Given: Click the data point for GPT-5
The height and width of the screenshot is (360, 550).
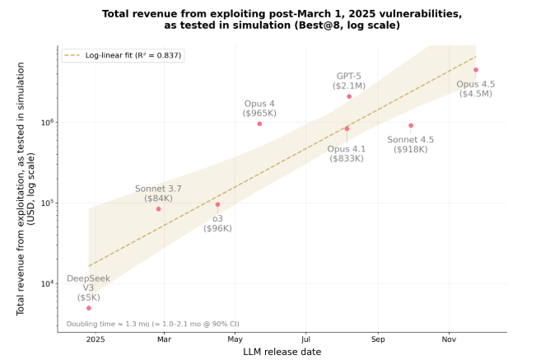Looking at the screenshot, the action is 349,96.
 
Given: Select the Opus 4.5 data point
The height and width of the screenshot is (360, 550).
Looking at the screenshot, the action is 476,70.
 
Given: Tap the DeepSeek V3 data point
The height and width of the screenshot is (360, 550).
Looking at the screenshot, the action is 89,308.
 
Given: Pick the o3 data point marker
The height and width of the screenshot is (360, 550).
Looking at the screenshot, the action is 217,204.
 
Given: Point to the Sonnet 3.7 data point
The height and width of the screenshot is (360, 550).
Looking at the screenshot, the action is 158,209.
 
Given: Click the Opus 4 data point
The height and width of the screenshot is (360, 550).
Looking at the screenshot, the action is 259,124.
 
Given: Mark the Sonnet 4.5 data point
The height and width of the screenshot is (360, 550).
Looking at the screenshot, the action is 411,125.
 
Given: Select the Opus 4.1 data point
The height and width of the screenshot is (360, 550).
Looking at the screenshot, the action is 347,129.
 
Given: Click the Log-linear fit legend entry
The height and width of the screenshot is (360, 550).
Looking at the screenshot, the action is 123,55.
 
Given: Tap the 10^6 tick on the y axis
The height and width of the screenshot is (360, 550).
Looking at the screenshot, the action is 48,123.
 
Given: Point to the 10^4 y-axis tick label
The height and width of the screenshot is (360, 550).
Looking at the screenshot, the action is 48,283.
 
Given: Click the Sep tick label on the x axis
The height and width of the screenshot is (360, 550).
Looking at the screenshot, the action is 378,339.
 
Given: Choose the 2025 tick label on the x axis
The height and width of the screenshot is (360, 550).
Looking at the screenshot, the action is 96,339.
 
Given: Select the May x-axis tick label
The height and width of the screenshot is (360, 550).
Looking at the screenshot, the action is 235,339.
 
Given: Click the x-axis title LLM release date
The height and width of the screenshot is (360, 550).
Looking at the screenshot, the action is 282,352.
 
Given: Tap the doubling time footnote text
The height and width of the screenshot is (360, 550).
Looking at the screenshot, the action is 153,324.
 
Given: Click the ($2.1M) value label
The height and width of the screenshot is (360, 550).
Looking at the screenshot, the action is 349,86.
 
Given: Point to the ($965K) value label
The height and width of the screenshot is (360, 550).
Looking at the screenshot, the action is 259,114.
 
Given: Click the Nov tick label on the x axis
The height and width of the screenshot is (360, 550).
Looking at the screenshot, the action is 449,339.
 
